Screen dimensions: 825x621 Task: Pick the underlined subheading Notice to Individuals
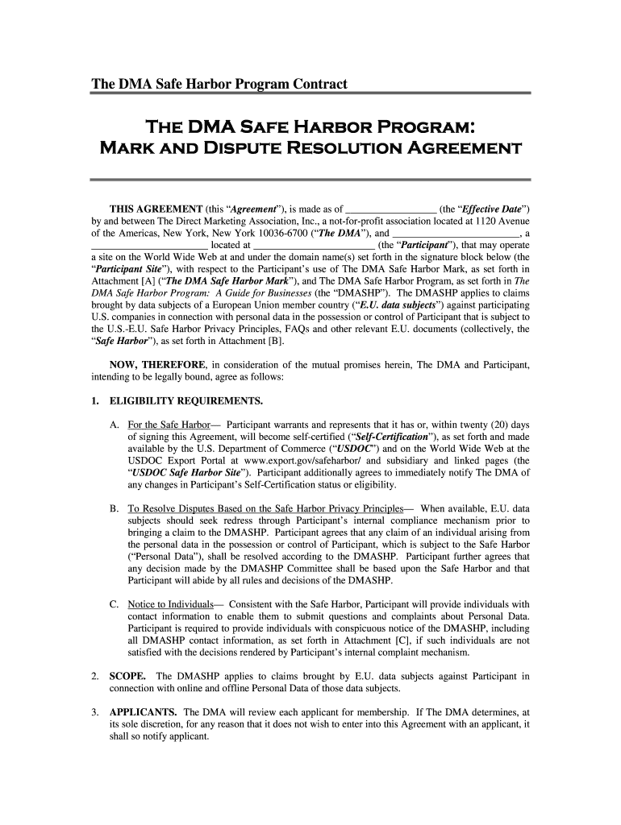(x=170, y=604)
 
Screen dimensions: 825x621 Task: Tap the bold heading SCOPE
(x=127, y=676)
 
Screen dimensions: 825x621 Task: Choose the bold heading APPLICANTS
(x=143, y=712)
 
